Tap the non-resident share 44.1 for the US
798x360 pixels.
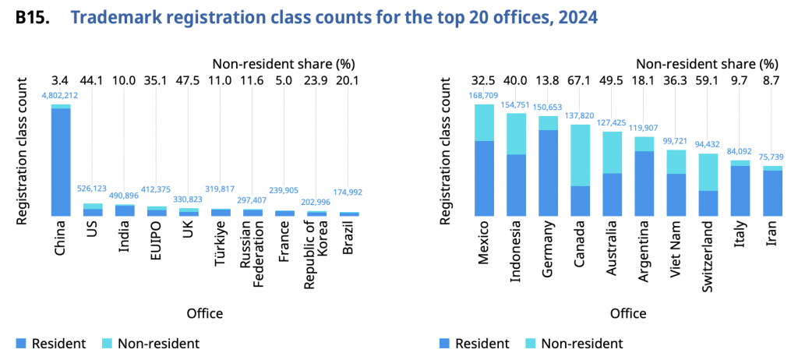point(93,80)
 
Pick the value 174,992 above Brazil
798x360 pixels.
point(348,192)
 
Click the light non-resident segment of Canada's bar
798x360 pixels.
point(581,155)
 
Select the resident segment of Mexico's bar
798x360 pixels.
point(485,178)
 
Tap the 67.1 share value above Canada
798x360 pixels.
point(581,80)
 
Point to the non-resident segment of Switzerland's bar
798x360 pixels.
point(708,172)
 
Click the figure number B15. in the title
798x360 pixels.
point(32,16)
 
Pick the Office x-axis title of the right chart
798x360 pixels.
point(628,313)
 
